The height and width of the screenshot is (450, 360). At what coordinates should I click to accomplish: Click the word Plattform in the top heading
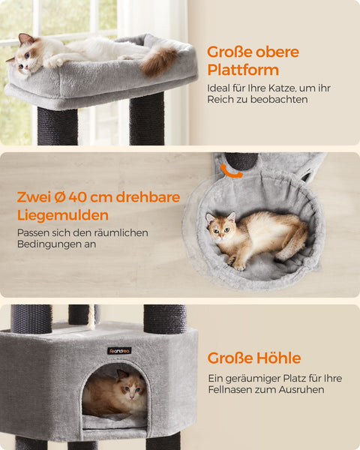click(243, 70)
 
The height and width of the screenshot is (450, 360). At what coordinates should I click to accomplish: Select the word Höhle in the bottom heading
click(277, 358)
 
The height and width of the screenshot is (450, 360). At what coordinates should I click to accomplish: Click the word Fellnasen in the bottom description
click(232, 391)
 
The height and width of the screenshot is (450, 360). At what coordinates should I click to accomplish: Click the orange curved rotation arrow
click(231, 172)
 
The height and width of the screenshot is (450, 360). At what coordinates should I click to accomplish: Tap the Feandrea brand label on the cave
click(118, 350)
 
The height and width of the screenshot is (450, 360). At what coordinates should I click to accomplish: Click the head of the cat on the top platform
click(27, 55)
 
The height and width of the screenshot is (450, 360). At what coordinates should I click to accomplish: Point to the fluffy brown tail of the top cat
click(160, 61)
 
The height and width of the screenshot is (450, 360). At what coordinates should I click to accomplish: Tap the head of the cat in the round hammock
click(221, 227)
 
